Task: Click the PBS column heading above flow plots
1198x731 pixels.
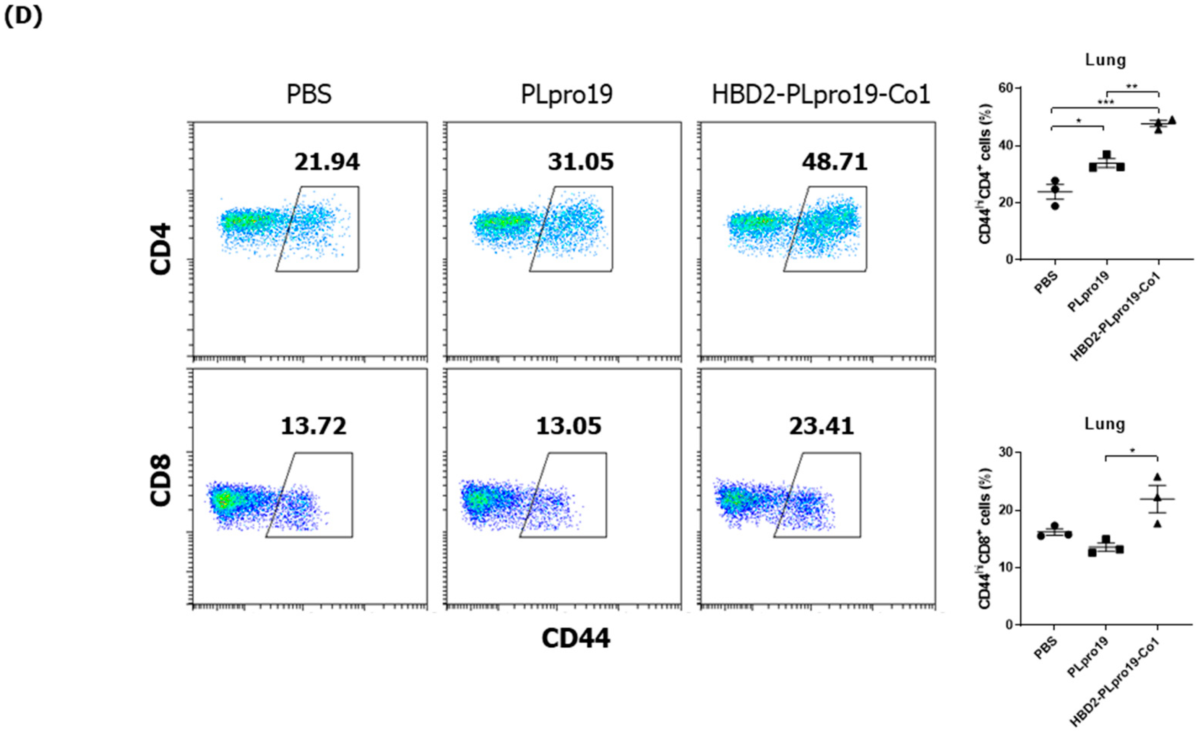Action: [309, 94]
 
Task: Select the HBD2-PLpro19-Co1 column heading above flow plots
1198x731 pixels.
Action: [821, 94]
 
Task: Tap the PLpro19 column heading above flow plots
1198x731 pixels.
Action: [567, 94]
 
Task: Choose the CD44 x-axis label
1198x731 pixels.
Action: [576, 638]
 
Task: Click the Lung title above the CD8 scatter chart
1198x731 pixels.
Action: [1105, 424]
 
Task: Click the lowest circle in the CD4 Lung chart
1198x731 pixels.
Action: [1055, 206]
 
